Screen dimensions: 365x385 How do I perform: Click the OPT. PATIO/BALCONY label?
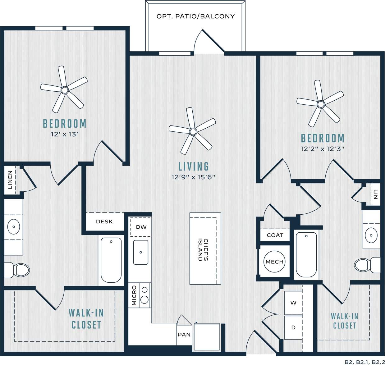point(195,16)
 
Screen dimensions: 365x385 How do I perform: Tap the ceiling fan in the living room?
point(193,131)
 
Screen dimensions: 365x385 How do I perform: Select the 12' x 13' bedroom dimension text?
point(64,135)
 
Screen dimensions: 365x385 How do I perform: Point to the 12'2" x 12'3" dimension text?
point(322,149)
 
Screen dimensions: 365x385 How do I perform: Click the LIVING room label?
point(194,167)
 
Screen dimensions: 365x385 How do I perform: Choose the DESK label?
point(104,221)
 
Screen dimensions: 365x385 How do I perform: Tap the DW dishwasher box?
point(141,227)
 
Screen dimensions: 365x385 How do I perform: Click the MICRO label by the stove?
point(134,296)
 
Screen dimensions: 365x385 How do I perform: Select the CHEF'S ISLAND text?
point(203,250)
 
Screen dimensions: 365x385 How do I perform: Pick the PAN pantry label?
point(184,335)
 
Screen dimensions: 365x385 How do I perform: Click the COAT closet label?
point(275,235)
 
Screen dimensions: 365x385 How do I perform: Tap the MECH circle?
point(274,262)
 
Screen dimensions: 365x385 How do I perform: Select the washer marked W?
point(293,303)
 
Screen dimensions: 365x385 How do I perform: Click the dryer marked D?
point(293,327)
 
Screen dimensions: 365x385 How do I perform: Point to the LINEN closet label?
point(10,180)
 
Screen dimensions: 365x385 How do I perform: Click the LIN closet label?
point(376,195)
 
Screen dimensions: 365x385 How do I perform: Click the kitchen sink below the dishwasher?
point(140,252)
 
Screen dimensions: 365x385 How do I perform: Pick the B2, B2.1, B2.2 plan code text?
point(363,362)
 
